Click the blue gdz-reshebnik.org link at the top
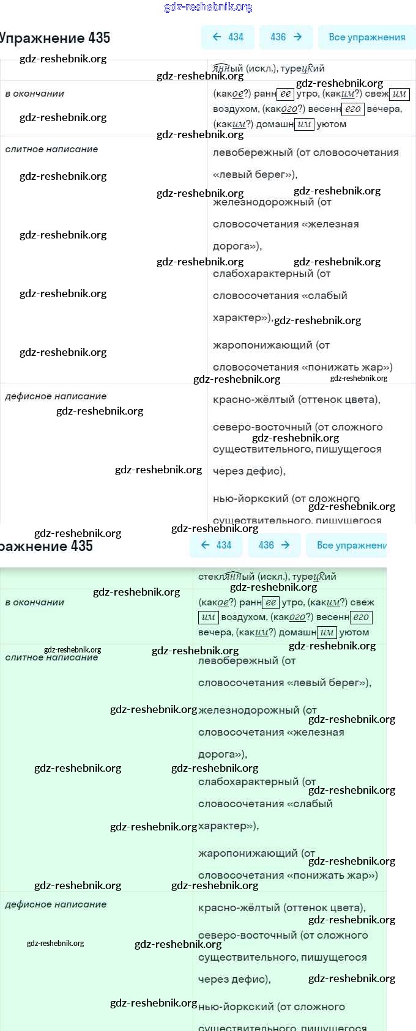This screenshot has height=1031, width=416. tap(208, 7)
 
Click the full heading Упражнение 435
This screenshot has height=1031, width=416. tap(55, 38)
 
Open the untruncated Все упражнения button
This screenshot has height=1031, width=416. tap(366, 37)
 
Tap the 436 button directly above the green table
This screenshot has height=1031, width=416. tap(273, 545)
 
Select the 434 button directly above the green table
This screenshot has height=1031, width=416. tap(216, 545)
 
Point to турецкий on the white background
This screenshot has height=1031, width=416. tap(302, 68)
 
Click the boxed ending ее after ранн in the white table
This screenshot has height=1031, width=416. tap(285, 94)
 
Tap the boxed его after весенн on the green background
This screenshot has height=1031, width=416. tap(361, 617)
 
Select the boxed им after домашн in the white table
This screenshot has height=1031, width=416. tap(304, 124)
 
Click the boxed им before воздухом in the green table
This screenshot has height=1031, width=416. tap(208, 617)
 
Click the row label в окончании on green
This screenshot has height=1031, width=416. tap(34, 602)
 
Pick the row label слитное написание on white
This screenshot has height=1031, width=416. tap(51, 149)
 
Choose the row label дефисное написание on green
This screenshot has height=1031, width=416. tap(56, 904)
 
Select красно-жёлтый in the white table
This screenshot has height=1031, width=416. tap(253, 400)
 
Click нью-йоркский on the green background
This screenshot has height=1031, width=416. tap(236, 1007)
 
